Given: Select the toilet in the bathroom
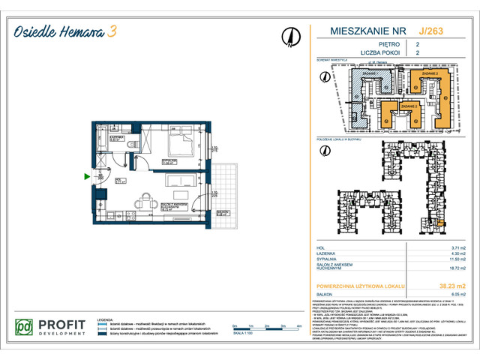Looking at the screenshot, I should tap(130, 145).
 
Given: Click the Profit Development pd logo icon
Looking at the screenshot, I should tap(25, 328).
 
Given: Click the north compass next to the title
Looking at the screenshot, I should tap(289, 37).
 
